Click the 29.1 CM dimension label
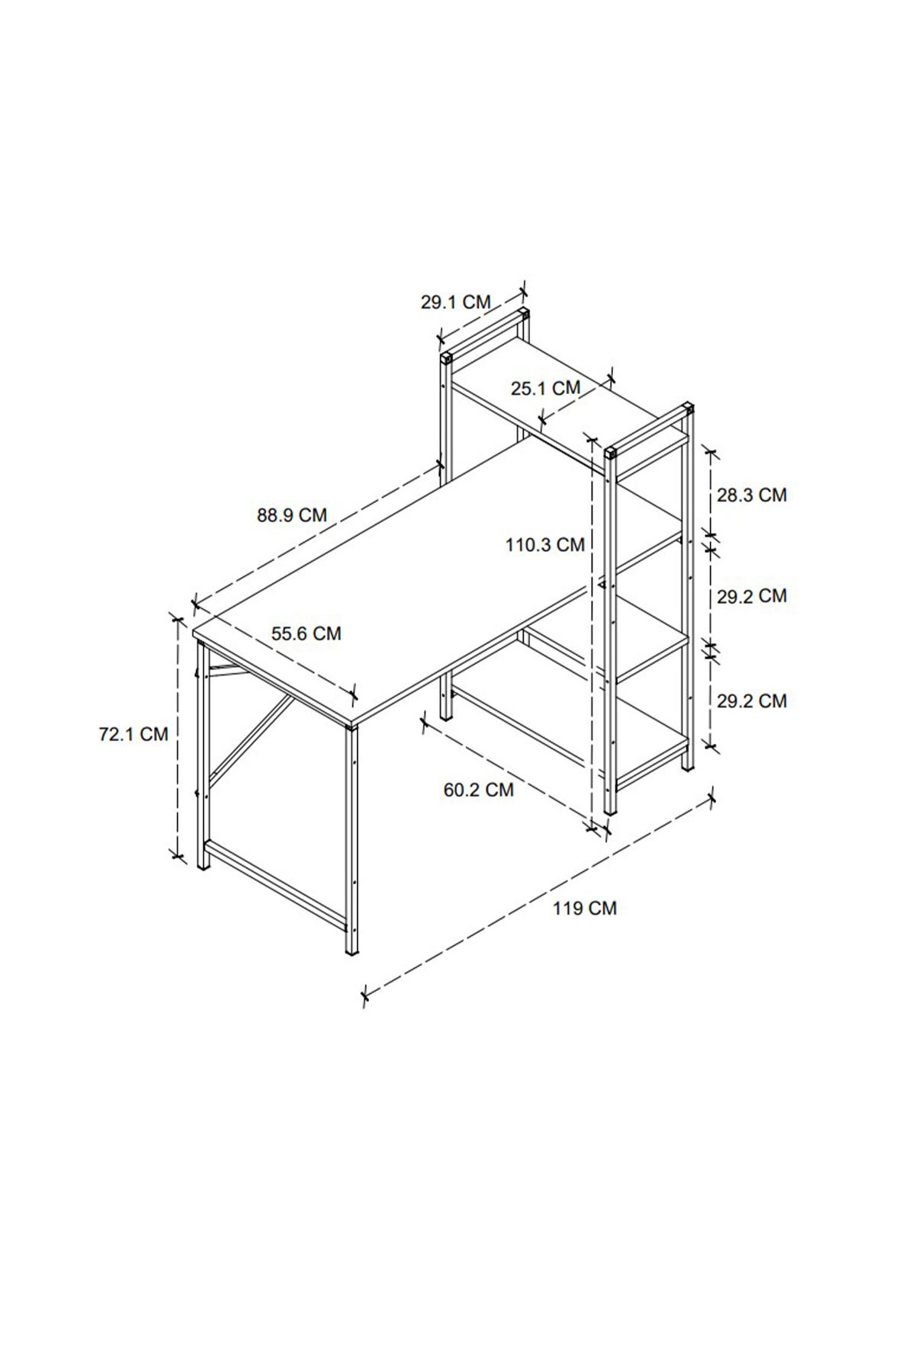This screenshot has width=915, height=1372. [456, 302]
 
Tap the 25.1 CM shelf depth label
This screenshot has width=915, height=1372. [546, 389]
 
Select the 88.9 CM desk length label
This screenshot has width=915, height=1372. [292, 515]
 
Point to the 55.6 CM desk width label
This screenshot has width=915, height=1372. [307, 633]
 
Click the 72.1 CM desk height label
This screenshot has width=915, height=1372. [133, 735]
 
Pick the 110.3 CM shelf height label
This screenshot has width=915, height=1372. [545, 545]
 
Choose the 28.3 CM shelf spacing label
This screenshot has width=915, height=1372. [752, 495]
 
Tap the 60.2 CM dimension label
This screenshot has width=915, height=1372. [479, 790]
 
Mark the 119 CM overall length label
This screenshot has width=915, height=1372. [585, 909]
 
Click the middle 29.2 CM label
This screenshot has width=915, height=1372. [752, 596]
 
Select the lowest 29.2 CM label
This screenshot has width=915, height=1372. [752, 701]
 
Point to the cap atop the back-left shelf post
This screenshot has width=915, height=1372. [445, 357]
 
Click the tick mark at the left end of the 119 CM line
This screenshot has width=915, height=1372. [365, 994]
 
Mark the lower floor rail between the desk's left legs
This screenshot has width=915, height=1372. [278, 884]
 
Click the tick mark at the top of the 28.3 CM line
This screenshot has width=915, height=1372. [711, 456]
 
